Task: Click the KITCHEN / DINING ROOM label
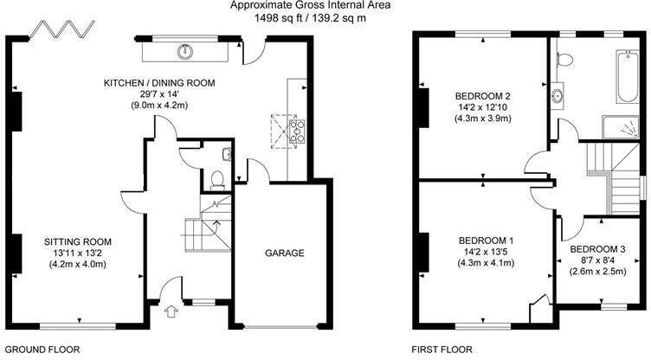point(159,83)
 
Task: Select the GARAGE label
point(285,254)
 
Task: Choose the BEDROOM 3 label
point(597,249)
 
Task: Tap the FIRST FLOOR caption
point(443,350)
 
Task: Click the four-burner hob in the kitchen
point(297,132)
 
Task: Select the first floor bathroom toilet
point(564,58)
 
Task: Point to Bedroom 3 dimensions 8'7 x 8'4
point(597,260)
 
